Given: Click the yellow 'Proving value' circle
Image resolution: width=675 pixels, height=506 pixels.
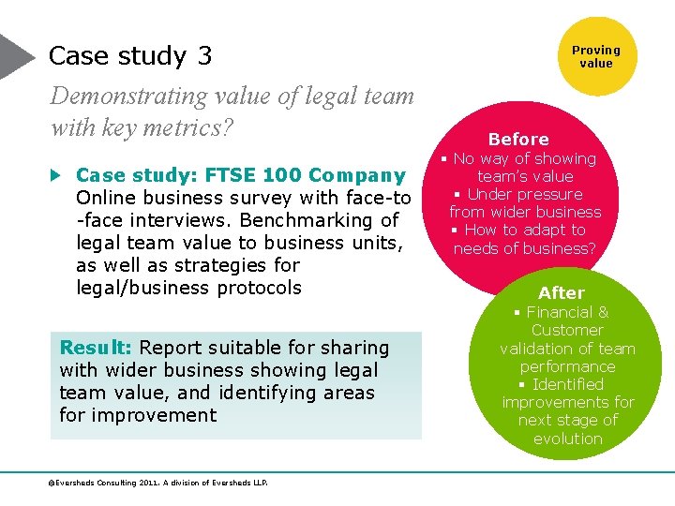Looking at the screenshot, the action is point(595,56).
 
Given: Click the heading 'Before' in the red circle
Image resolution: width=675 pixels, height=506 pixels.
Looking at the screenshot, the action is point(518,140).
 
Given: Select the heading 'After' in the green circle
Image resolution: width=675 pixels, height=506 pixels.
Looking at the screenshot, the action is point(561,293).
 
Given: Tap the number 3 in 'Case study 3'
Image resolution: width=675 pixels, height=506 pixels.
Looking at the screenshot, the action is point(204,56).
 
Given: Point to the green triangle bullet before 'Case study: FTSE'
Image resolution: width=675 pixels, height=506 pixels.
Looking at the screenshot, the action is point(56,175).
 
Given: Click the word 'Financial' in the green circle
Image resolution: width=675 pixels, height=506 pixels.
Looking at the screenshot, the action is point(558,312).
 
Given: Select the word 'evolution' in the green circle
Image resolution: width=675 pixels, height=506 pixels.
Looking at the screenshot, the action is point(568,439).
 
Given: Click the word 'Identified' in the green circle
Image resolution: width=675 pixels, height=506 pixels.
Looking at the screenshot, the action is point(568,384).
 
